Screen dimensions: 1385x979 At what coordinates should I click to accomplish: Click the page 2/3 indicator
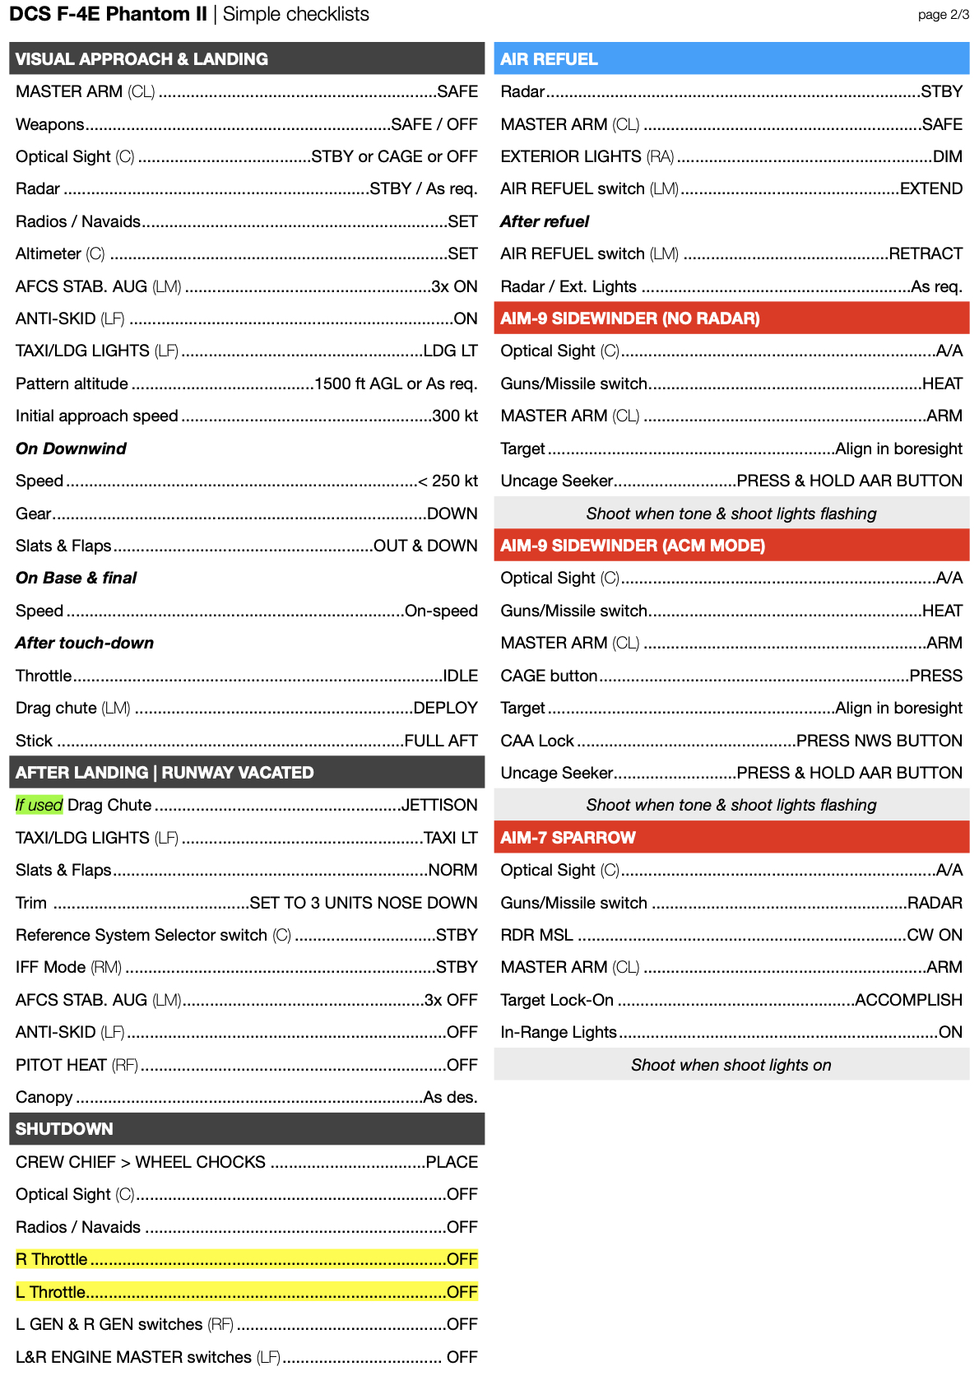(943, 15)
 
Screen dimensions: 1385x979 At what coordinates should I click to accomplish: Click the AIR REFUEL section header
(549, 59)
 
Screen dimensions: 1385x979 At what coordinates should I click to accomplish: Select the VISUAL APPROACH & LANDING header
(142, 59)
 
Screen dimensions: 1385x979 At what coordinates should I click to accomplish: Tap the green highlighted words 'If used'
(39, 805)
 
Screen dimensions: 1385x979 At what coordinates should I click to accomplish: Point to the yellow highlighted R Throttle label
(52, 1259)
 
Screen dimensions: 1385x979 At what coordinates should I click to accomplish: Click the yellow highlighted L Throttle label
(51, 1292)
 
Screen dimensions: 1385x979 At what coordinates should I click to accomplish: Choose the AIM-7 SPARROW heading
(568, 838)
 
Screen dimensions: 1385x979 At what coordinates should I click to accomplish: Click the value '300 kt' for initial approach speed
(455, 416)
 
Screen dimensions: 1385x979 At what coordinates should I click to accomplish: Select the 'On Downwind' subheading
(71, 448)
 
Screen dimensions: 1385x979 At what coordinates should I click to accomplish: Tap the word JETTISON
(439, 805)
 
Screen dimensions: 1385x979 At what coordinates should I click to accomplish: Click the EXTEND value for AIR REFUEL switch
(931, 189)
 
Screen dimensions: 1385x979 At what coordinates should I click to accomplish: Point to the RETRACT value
(926, 254)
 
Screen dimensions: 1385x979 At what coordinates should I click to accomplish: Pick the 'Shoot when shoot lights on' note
(731, 1065)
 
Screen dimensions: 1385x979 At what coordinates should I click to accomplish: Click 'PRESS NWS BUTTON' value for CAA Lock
(879, 741)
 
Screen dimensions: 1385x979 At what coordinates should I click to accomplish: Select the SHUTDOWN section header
(64, 1129)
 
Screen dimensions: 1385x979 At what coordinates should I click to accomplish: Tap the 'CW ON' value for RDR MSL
(935, 935)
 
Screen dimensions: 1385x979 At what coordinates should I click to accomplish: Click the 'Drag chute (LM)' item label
(72, 709)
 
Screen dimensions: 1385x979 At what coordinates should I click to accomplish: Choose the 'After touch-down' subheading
(84, 644)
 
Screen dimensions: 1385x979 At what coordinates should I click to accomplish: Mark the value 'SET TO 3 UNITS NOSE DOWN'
(363, 903)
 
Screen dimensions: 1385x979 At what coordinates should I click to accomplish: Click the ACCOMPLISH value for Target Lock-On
(908, 1000)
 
